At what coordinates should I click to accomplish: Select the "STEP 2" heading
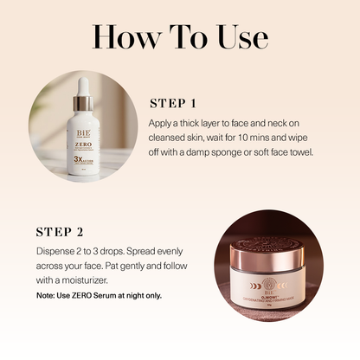click(x=60, y=232)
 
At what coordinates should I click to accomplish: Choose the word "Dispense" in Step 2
click(x=56, y=253)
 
